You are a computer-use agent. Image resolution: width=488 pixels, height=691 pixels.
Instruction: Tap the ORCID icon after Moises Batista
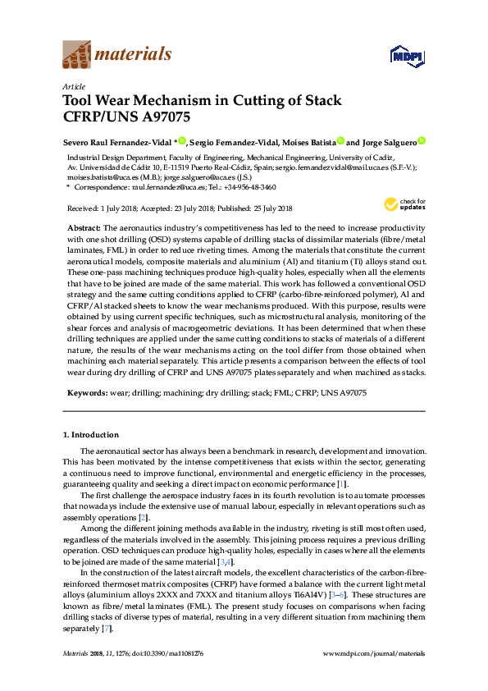[x=340, y=141]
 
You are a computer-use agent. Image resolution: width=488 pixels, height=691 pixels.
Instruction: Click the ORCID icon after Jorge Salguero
[x=422, y=141]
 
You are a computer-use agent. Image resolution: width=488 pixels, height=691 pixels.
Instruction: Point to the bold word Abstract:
[x=83, y=226]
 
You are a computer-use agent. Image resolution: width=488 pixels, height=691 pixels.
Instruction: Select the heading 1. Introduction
[x=91, y=434]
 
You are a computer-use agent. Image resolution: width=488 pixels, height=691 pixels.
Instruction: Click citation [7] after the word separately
[x=105, y=629]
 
